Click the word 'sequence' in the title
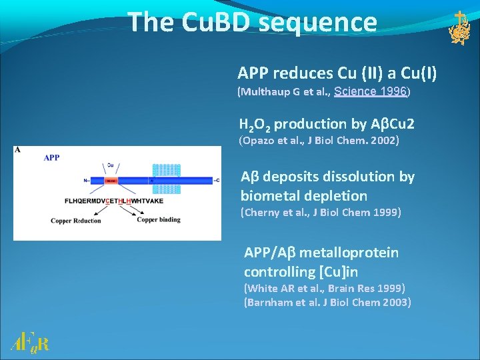(317, 22)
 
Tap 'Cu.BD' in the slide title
(212, 22)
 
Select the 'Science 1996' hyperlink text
(370, 91)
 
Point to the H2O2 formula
(255, 125)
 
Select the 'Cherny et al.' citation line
(321, 213)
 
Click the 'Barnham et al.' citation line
(327, 302)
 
